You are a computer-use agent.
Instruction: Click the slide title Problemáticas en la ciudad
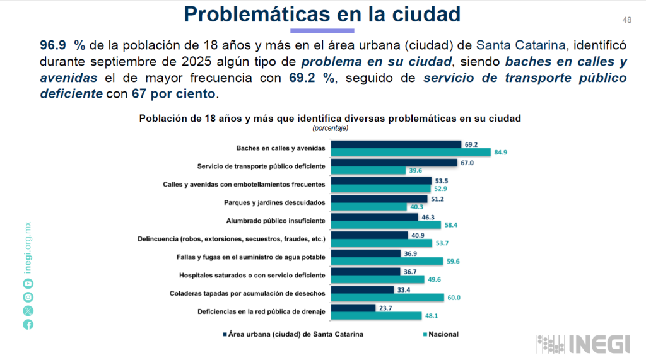coord(322,15)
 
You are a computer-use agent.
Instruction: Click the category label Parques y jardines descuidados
coord(274,202)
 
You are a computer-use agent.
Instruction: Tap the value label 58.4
coord(450,224)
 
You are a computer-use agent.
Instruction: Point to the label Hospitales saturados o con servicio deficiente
coord(252,276)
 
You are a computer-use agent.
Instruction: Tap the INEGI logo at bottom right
coord(583,344)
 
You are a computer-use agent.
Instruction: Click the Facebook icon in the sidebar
coord(28,324)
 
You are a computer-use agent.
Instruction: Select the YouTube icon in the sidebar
coord(28,284)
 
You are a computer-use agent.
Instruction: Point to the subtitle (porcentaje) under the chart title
coord(330,128)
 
